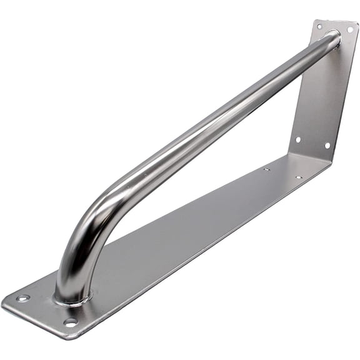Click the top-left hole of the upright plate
319,27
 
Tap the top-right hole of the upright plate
350,29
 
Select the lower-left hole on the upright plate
297,140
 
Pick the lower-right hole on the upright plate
326,145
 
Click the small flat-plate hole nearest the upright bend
299,177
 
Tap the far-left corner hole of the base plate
23,298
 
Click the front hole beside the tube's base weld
71,322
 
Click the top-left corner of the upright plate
314,20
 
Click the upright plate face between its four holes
322,87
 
